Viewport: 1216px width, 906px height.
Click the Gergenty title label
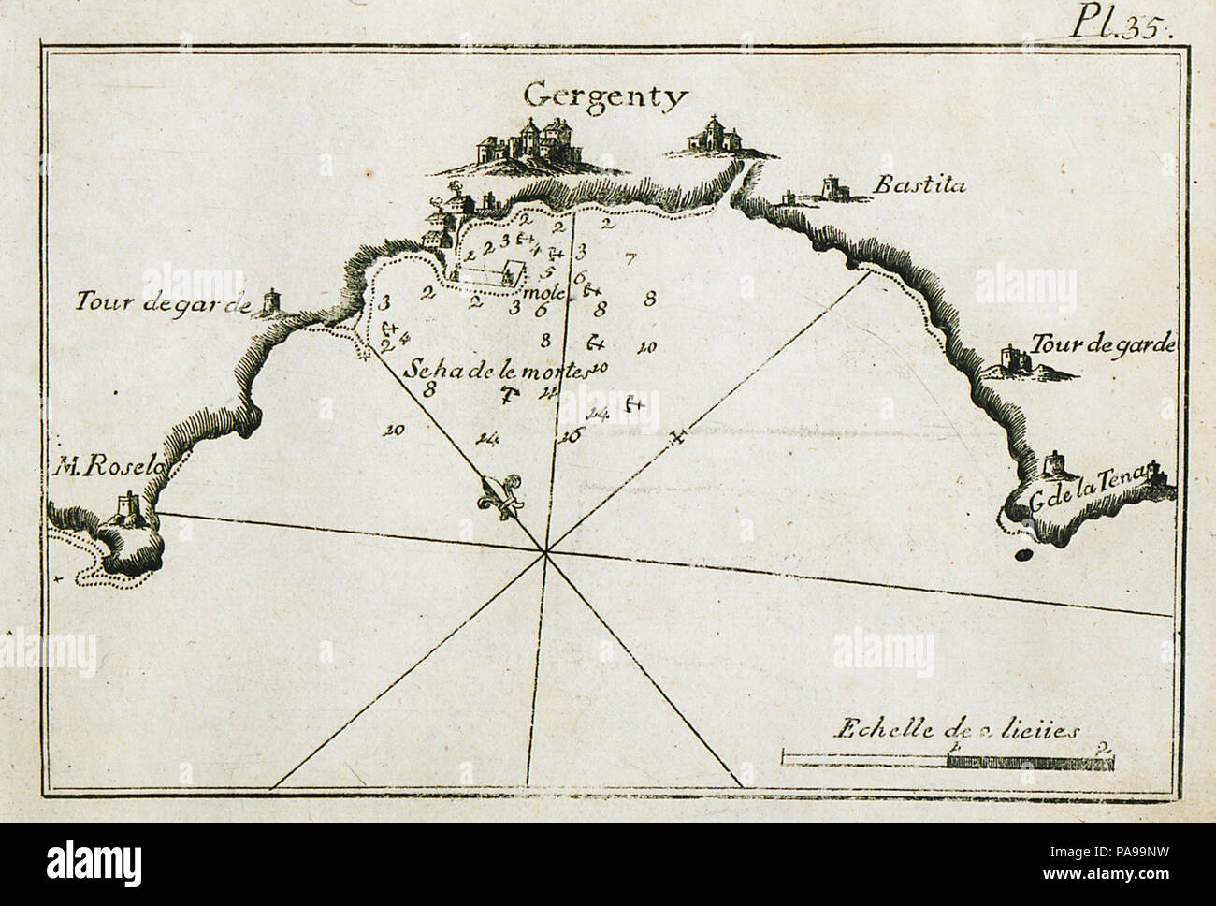[604, 94]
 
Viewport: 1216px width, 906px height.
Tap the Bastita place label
[919, 185]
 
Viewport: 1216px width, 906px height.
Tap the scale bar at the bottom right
[946, 761]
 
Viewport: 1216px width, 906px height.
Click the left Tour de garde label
[163, 302]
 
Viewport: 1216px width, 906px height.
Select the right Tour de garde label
[1101, 345]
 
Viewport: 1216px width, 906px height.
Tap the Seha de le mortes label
[496, 370]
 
